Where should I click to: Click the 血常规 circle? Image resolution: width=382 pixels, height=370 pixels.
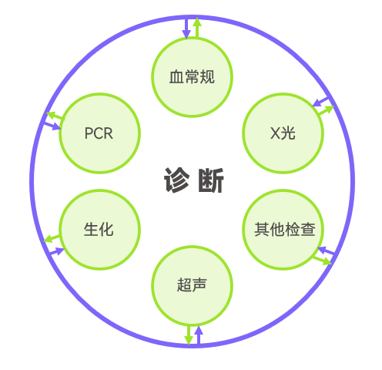(192, 77)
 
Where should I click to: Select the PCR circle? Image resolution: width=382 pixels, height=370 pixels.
(99, 133)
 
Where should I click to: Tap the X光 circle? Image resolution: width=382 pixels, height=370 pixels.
(283, 133)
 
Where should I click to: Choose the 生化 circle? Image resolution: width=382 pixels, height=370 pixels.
(99, 230)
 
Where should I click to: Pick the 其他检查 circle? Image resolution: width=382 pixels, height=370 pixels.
(283, 230)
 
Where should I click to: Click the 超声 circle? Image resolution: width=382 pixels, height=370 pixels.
(192, 286)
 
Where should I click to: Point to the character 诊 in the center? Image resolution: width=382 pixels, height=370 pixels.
(177, 180)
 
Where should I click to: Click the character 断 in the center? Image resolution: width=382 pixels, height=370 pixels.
(211, 180)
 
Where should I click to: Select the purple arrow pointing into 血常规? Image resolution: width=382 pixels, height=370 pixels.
(186, 29)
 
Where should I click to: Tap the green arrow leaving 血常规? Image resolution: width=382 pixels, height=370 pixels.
(197, 28)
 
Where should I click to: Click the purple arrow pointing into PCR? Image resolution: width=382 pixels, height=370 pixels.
(52, 126)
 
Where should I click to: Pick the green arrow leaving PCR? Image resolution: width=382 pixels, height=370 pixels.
(55, 116)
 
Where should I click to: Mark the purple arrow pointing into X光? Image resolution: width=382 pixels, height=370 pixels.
(320, 102)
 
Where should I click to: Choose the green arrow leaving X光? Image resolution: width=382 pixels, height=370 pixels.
(326, 110)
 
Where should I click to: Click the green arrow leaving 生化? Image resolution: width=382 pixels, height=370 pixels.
(52, 238)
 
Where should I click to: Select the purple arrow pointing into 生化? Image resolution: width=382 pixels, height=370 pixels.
(57, 251)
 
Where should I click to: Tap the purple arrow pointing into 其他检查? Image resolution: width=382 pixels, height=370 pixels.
(326, 251)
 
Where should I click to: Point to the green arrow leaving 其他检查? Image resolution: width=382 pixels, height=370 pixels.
(322, 261)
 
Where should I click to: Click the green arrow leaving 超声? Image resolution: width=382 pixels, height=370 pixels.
(189, 335)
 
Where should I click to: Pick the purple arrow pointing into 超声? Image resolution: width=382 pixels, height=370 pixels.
(199, 335)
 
